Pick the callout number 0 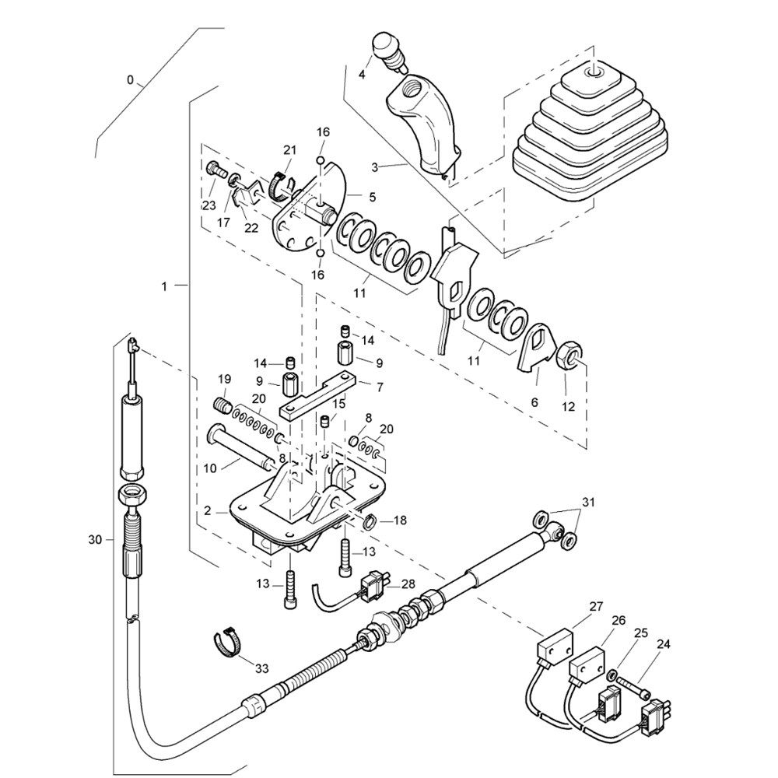[x=130, y=79]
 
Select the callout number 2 [x=208, y=511]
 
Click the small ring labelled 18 [x=370, y=520]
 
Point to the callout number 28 [x=408, y=584]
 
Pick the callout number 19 [x=225, y=379]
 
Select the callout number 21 [x=289, y=150]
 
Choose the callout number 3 [x=375, y=166]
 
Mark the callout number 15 [x=339, y=404]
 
